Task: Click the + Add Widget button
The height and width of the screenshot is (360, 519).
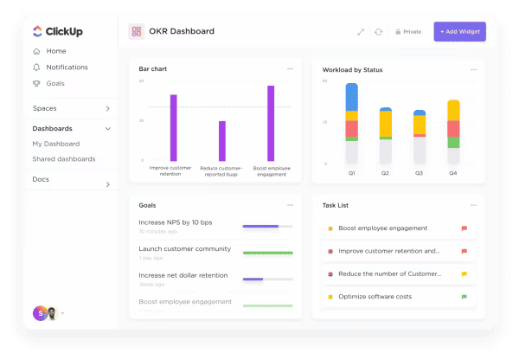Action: point(459,31)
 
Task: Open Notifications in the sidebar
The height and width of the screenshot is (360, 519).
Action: point(67,67)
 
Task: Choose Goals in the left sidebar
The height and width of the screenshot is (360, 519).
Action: point(55,84)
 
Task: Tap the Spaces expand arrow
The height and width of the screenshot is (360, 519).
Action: point(107,108)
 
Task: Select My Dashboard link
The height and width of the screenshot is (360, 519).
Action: point(55,144)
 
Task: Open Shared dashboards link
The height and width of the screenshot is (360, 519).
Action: point(63,159)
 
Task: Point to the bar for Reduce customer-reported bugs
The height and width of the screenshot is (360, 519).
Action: point(221,140)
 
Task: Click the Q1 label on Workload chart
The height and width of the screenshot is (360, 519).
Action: point(352,173)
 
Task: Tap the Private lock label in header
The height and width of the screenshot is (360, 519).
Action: point(407,32)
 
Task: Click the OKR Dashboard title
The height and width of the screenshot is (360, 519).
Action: point(181,31)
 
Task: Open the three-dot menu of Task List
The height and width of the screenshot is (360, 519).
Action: point(473,205)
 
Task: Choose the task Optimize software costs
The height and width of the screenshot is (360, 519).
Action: point(375,297)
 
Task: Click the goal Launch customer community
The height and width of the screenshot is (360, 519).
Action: point(184,249)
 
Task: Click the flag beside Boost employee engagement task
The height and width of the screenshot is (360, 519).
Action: point(464,228)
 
